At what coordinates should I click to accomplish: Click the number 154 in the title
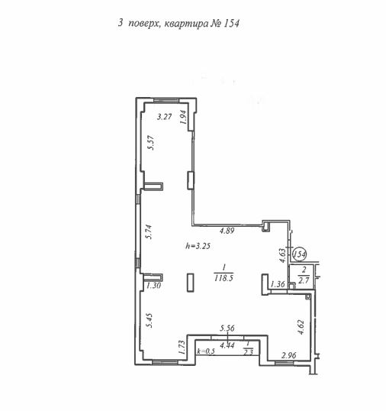tap(231, 24)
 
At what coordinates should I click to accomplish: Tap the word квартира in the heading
tap(186, 24)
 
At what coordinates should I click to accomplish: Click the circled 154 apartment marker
tap(299, 254)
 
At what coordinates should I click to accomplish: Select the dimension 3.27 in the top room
tap(164, 117)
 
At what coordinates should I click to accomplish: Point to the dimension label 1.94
tap(183, 117)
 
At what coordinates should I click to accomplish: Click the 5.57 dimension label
tap(151, 143)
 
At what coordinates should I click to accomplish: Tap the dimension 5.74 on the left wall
tap(149, 232)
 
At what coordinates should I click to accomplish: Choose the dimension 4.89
tap(227, 231)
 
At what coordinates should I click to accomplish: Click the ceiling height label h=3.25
tap(198, 246)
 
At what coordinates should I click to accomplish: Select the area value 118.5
tap(224, 278)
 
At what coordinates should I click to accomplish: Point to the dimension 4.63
tap(282, 256)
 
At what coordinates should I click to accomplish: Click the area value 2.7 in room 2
tap(304, 280)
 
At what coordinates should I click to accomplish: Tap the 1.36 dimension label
tap(278, 284)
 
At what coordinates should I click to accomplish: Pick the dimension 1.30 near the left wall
tap(153, 285)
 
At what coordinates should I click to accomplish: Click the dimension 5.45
tap(150, 320)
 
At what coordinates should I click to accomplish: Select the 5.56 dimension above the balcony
tap(227, 328)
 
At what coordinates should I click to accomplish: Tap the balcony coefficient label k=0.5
tap(206, 351)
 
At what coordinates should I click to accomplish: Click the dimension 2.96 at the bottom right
tap(289, 355)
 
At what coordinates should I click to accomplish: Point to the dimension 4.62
tap(301, 327)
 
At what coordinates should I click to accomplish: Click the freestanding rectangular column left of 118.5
tap(191, 283)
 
